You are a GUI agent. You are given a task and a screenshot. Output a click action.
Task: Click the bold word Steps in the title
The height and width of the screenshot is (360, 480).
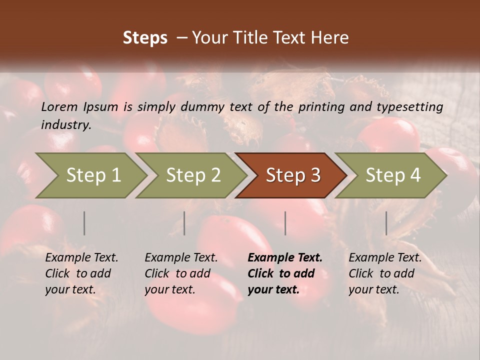coord(145,38)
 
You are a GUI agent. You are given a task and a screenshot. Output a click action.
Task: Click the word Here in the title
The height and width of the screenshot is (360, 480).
coord(329,38)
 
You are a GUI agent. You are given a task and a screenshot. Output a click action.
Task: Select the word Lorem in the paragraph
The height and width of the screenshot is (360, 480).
coord(59,107)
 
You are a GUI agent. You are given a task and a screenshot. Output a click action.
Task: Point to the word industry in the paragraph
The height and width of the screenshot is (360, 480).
coord(66,125)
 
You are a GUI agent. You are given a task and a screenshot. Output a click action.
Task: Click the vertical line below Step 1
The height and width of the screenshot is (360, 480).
coord(84,223)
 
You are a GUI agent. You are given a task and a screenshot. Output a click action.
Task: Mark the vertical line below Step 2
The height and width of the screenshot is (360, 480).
coord(184,223)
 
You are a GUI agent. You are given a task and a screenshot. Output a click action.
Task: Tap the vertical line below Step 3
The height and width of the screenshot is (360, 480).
coord(285,223)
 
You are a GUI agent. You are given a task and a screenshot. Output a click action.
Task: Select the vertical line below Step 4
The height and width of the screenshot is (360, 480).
coord(386,223)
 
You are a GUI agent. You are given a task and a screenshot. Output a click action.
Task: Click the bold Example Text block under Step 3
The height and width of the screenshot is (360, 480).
coord(285,273)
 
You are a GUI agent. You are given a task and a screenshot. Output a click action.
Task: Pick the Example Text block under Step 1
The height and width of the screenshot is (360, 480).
coord(81,273)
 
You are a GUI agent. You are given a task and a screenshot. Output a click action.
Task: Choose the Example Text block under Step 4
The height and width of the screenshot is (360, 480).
coord(385,273)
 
